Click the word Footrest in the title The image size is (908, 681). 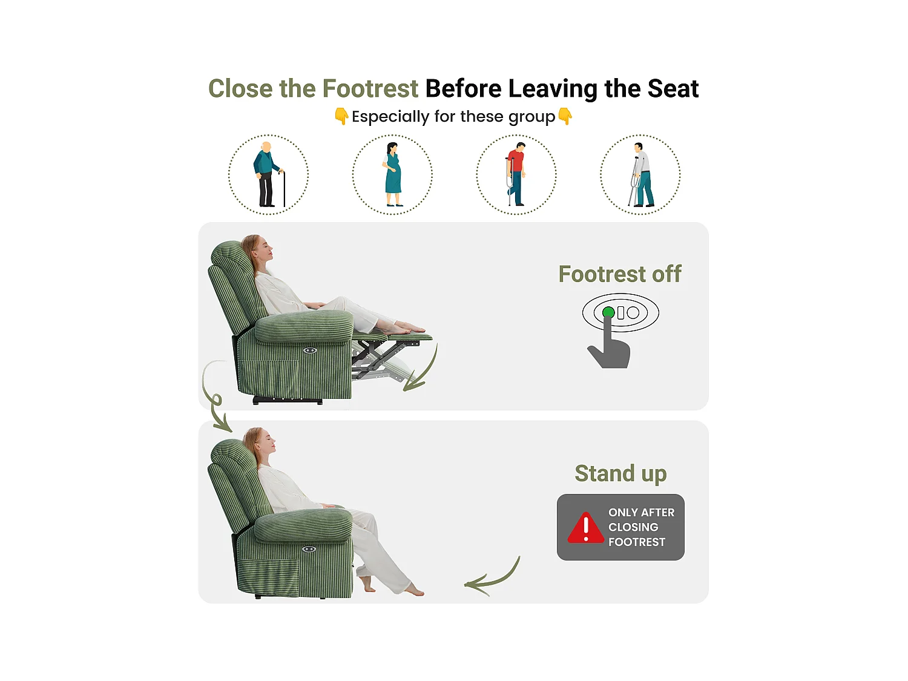tap(370, 89)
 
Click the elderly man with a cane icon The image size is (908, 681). tap(268, 175)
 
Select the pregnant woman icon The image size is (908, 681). tap(393, 175)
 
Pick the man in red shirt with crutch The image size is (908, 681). tap(516, 174)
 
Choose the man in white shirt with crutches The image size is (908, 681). tap(640, 175)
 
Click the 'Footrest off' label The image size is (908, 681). tap(619, 274)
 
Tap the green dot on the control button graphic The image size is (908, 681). tap(608, 313)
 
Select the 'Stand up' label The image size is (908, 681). tap(620, 473)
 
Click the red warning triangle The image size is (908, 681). tap(585, 528)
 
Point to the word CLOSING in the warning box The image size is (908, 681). tap(633, 527)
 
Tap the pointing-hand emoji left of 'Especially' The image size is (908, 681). tap(341, 116)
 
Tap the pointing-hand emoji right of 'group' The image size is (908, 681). tap(565, 116)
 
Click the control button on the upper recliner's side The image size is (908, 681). tap(310, 350)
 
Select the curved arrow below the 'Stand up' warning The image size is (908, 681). tap(492, 578)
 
